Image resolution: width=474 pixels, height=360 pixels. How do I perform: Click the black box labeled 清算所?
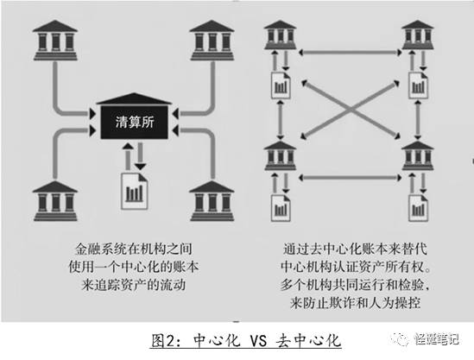coord(134,122)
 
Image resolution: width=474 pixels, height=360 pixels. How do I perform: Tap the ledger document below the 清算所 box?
coord(134,191)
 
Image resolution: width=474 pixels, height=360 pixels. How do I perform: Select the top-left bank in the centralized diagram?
coord(55,41)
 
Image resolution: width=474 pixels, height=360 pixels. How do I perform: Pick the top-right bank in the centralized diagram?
coord(212,41)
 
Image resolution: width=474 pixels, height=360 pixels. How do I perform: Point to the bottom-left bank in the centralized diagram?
coord(55,200)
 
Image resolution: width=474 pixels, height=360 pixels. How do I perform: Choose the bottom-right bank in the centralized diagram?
coord(212,200)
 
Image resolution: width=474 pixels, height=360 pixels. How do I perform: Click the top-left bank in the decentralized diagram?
coord(281,35)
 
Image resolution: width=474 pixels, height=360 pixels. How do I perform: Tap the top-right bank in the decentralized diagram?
coord(418,35)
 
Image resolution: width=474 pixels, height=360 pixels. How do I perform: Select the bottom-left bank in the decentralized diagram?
coord(281,155)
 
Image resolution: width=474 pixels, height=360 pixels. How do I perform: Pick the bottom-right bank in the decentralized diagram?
coord(418,155)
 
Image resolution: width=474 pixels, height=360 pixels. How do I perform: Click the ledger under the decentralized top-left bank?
coord(281,85)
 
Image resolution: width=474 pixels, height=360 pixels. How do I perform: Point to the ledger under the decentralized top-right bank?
coord(419,85)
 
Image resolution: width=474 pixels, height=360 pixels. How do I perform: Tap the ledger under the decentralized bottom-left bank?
coord(281,208)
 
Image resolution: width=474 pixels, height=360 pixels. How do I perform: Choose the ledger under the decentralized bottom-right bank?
coord(419,208)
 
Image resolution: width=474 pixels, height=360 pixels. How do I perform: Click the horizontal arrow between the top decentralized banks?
coord(350,53)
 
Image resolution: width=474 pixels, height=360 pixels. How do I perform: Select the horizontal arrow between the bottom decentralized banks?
coord(350,178)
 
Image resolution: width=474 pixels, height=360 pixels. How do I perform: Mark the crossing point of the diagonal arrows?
coord(351,110)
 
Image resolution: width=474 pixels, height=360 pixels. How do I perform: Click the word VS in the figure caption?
coord(258,341)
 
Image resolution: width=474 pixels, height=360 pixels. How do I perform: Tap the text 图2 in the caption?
coord(162,341)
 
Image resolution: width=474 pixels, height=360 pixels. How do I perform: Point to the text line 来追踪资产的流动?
coord(134,285)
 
